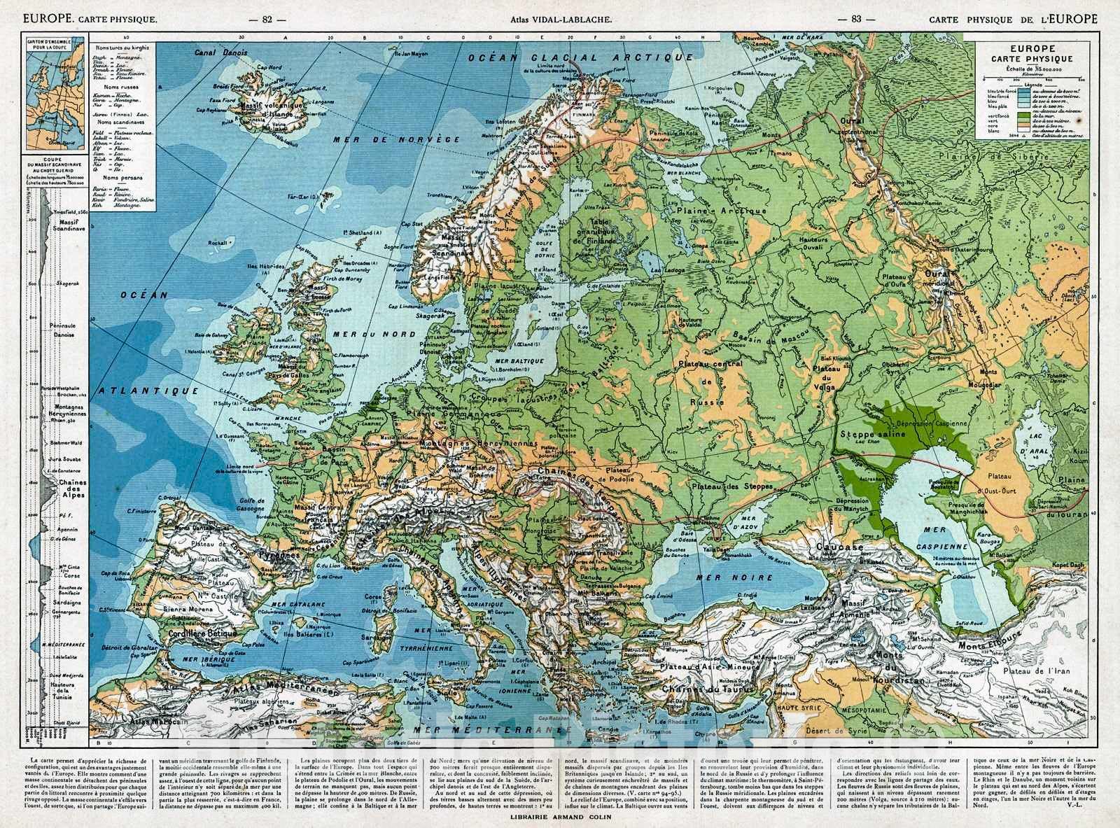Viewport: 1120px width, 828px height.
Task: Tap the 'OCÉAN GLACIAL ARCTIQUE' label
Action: pyautogui.click(x=571, y=58)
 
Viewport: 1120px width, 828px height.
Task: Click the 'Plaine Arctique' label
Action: pyautogui.click(x=721, y=210)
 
